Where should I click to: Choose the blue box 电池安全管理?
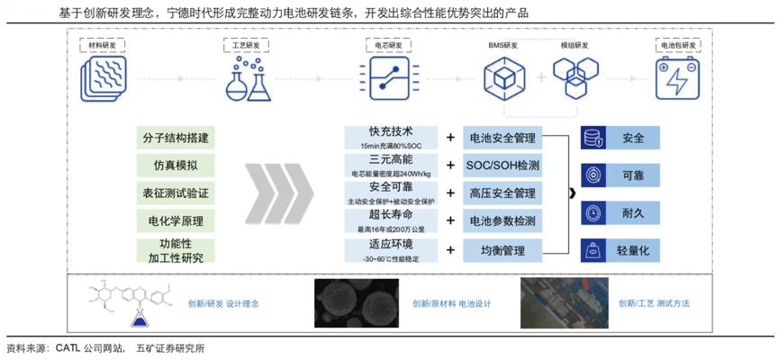[x=502, y=138]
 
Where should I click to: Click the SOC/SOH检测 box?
[x=502, y=166]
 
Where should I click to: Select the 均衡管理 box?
[x=502, y=249]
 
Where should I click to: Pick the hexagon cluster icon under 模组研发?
[x=575, y=76]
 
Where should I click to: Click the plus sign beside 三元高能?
[x=450, y=166]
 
